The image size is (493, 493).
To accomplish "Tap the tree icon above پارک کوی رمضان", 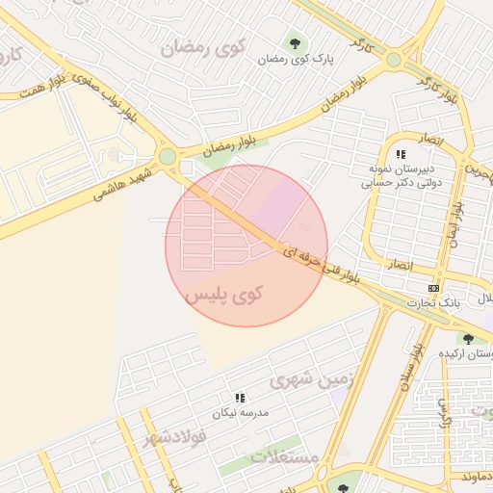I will (x=295, y=41).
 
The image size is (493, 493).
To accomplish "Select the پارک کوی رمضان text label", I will (x=296, y=60).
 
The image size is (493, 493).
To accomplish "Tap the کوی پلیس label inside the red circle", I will (x=223, y=292).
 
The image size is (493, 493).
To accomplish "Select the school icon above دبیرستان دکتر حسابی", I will (x=401, y=154).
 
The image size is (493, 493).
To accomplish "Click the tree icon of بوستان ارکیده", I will (x=468, y=339).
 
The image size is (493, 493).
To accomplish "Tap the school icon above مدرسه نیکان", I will (x=240, y=397).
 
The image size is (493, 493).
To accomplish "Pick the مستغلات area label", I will (x=285, y=455).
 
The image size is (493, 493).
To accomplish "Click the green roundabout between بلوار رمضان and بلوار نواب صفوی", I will (x=168, y=156).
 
